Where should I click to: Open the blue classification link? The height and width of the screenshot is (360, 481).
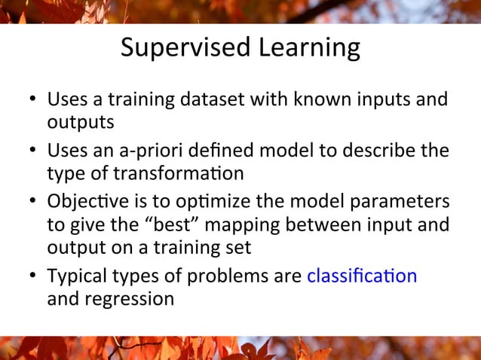click(362, 276)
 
